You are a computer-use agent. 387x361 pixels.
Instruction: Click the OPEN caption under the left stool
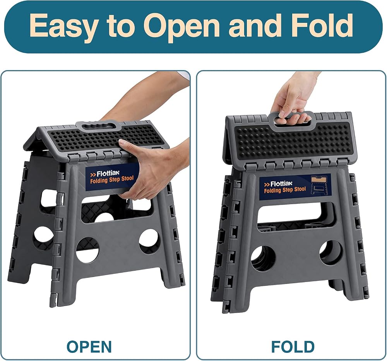click(89, 347)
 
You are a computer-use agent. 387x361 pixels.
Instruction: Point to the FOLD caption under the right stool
click(293, 347)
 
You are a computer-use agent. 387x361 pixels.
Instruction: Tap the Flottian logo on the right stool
click(278, 184)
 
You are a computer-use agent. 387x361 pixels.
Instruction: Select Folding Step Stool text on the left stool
click(112, 180)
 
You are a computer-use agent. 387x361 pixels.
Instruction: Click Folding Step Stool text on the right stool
click(285, 190)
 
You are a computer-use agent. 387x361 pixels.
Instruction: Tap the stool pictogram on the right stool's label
click(319, 185)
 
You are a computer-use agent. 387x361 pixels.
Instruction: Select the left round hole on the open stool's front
click(87, 250)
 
